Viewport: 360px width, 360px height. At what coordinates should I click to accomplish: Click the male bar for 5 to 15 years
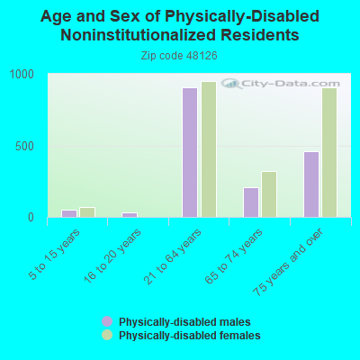[x=69, y=213]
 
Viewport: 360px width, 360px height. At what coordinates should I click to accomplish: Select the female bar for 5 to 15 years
[x=87, y=212]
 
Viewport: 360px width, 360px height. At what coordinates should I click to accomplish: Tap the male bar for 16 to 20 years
[x=130, y=215]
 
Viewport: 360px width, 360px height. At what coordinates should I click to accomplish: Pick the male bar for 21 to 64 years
[x=190, y=152]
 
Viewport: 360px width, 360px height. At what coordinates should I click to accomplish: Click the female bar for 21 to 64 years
[x=209, y=149]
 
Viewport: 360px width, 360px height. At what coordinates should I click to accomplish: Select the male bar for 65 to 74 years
[x=251, y=202]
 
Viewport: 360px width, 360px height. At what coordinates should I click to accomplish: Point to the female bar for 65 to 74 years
[x=269, y=194]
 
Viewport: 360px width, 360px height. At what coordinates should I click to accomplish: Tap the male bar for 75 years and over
[x=311, y=184]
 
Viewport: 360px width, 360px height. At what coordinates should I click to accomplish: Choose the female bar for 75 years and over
[x=329, y=152]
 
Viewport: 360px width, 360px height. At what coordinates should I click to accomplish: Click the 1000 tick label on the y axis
[x=22, y=74]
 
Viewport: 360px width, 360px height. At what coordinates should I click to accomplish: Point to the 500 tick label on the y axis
[x=24, y=147]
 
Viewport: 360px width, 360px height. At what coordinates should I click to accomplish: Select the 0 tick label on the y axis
[x=31, y=218]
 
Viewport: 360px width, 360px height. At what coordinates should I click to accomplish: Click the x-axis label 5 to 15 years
[x=55, y=254]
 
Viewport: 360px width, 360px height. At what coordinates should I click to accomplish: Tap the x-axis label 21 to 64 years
[x=173, y=256]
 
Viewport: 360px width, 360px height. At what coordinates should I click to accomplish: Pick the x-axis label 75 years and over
[x=288, y=262]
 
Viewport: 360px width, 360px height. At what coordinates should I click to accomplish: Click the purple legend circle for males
[x=107, y=321]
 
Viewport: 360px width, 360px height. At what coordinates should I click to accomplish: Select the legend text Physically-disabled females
[x=190, y=335]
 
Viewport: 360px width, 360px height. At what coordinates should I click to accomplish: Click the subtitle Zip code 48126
[x=179, y=56]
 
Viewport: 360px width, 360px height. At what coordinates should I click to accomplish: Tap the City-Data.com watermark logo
[x=281, y=84]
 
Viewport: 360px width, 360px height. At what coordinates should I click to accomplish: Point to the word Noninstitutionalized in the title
[x=138, y=35]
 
